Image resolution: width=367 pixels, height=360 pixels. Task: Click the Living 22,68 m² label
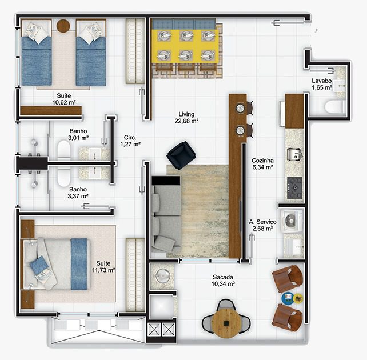186,118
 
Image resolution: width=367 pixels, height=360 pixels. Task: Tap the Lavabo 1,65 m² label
322,84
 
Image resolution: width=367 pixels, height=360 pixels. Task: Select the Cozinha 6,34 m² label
262,164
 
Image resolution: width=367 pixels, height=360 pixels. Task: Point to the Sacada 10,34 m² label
223,281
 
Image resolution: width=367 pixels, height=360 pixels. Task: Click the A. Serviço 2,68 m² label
262,225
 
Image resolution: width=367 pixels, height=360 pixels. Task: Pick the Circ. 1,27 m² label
130,141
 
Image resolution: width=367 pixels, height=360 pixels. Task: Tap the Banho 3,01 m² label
78,134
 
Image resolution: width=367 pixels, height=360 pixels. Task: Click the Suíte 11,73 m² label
103,267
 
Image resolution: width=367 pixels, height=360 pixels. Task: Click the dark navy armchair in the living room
181,155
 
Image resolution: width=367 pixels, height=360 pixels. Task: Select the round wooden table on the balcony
226,323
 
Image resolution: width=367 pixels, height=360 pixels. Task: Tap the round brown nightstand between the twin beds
63,26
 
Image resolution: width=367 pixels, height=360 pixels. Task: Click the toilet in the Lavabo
335,107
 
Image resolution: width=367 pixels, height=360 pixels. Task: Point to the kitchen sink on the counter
294,154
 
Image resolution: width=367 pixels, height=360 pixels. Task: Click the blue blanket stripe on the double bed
79,264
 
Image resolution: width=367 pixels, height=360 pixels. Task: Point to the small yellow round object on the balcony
298,298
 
